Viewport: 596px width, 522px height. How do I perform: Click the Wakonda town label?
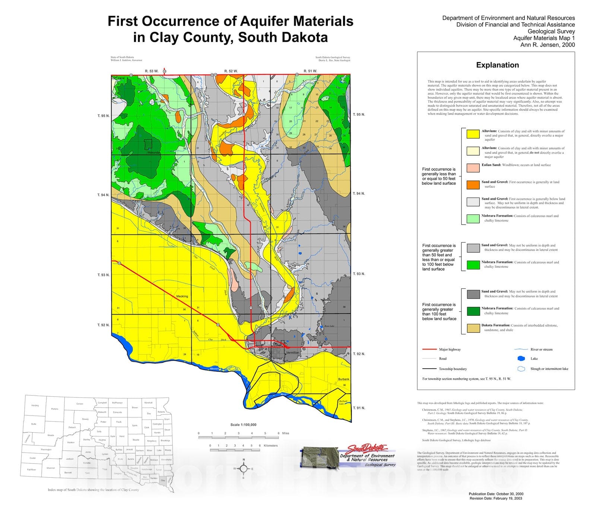[x=153, y=153]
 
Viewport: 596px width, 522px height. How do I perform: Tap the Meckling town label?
[x=182, y=296]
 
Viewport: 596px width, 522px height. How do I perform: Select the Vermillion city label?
[x=292, y=352]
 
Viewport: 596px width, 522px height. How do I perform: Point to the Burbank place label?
[x=344, y=379]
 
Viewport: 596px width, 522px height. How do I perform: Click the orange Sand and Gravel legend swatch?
[x=473, y=185]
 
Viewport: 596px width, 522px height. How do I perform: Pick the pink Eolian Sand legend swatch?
[x=473, y=168]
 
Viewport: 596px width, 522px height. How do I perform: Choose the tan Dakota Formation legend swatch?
[x=473, y=328]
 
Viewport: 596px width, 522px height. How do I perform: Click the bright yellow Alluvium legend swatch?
[x=473, y=134]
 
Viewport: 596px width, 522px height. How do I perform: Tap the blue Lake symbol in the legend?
[x=523, y=359]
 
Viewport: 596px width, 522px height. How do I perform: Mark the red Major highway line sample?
[x=429, y=349]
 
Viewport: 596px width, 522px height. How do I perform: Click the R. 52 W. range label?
[x=231, y=71]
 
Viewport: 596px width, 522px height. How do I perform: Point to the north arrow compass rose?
[x=244, y=468]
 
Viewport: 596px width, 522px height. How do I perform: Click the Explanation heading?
[x=497, y=65]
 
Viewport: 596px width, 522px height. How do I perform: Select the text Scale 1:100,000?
[x=243, y=424]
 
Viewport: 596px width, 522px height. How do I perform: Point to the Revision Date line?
[x=495, y=498]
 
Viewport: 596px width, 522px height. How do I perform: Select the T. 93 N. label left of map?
[x=103, y=275]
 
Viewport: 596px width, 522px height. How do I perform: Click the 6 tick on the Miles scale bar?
[x=278, y=433]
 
